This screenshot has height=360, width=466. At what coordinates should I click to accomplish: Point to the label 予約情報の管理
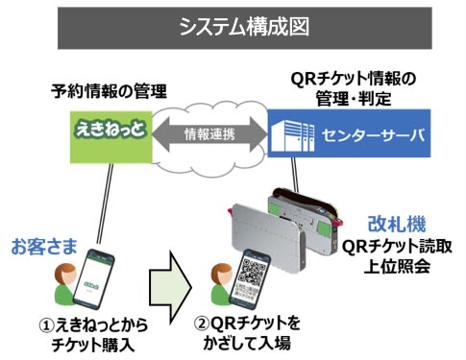click(x=110, y=92)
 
